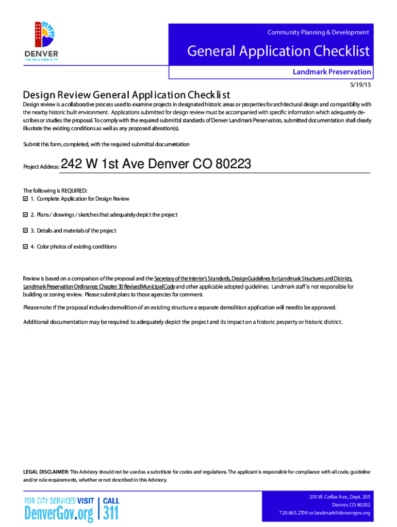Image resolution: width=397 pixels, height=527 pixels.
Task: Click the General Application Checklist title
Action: pos(278,51)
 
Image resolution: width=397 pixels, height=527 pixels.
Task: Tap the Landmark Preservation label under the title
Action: pos(332,72)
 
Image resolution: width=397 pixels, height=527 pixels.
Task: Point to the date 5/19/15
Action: pos(360,84)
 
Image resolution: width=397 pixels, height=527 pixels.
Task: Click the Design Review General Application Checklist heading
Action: pos(126,95)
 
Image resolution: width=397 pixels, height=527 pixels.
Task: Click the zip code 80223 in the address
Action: pos(233,164)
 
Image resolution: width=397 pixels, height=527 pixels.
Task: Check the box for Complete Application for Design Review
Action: pos(26,199)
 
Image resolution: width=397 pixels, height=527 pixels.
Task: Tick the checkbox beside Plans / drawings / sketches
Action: pos(26,215)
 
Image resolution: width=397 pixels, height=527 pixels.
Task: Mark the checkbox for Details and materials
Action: pos(26,231)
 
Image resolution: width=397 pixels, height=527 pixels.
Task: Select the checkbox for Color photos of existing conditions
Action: pos(26,247)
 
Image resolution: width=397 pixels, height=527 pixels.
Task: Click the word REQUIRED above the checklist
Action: pos(73,191)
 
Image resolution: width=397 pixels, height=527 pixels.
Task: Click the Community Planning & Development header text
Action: pos(318,32)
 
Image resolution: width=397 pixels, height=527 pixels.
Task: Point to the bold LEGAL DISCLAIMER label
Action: pos(46,472)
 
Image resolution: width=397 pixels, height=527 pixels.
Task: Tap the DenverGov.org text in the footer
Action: pos(59,513)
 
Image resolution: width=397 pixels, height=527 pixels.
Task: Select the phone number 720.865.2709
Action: pos(293,513)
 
